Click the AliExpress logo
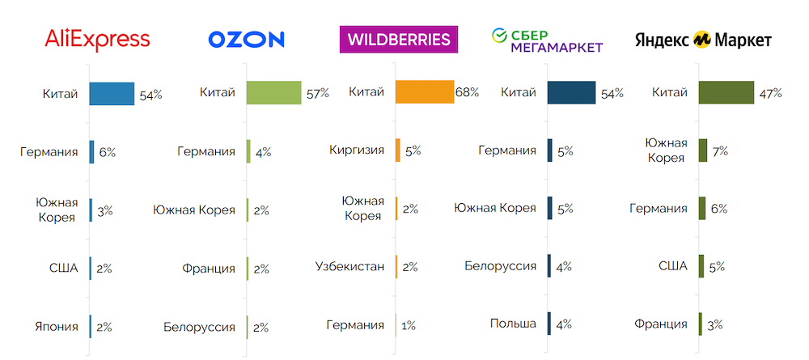tap(98, 39)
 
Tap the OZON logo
tap(247, 40)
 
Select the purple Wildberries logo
tap(399, 40)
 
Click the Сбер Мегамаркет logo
tap(547, 40)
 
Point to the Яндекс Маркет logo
tap(703, 40)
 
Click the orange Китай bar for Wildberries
tap(425, 92)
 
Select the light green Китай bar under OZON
tap(274, 93)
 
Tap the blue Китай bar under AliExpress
tap(112, 94)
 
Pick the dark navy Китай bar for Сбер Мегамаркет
tap(571, 93)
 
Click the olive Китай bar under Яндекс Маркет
tap(726, 93)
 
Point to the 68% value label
tap(468, 92)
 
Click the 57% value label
tap(317, 94)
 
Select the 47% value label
tap(770, 93)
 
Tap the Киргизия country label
tap(357, 150)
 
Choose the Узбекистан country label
tap(349, 266)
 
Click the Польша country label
tap(513, 324)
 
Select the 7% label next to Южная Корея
tap(720, 150)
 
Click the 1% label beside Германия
tap(409, 326)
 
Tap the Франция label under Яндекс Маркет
tap(661, 324)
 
